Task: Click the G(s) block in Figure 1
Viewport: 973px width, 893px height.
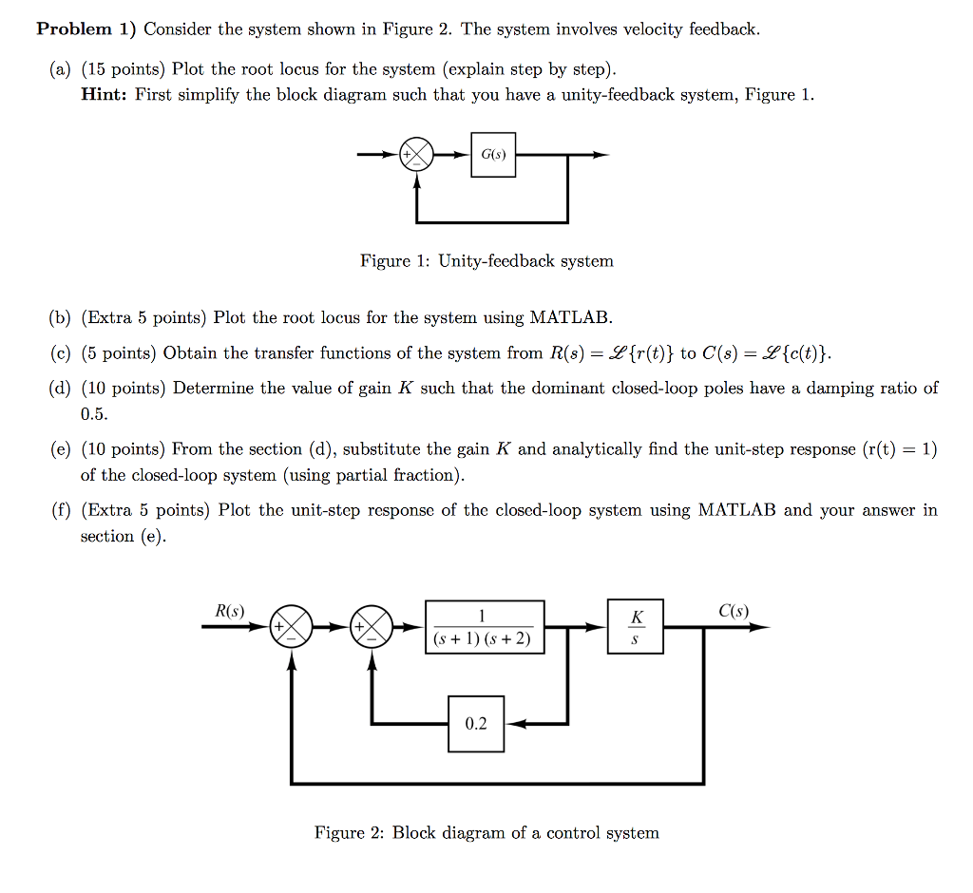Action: coord(493,154)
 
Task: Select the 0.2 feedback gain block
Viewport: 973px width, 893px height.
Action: coord(476,724)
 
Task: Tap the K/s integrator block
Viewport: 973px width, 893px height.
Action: coord(636,627)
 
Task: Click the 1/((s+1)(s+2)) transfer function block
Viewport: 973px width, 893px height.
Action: coord(485,627)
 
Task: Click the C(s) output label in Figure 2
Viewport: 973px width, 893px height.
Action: coord(734,611)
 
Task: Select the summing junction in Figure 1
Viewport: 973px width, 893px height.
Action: coord(416,155)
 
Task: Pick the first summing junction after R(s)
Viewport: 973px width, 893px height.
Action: coord(292,627)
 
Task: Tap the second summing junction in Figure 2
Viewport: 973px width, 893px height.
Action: coord(372,627)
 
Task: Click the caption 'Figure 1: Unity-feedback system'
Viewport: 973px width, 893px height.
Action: coord(486,261)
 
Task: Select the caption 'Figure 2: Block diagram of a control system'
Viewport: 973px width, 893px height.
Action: coord(486,833)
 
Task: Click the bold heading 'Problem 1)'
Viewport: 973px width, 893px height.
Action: coord(87,29)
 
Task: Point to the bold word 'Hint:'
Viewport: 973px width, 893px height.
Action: coord(105,95)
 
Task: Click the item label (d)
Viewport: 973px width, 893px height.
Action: coord(63,389)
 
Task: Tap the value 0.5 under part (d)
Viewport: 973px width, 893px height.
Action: coord(94,414)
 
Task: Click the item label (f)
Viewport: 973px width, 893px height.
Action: coord(62,511)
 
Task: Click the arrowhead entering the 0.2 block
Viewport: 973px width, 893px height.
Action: coord(513,724)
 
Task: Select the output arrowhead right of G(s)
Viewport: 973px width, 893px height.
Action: coord(601,155)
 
